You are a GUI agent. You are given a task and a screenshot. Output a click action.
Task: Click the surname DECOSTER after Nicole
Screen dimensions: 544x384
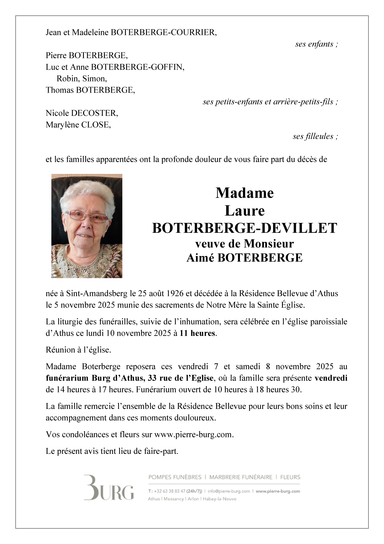point(94,113)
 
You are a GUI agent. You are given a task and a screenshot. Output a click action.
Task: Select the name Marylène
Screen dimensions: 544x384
point(62,125)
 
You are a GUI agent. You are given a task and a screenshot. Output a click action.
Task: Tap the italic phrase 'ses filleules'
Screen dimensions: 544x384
point(313,136)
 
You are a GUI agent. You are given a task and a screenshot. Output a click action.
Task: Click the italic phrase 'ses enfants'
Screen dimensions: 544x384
point(314,44)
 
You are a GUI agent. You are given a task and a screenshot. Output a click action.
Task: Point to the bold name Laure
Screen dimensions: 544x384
point(244,211)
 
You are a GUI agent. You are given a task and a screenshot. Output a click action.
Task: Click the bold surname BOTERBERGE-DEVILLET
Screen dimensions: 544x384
point(244,228)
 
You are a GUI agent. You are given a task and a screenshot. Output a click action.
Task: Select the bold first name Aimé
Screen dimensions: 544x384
point(200,258)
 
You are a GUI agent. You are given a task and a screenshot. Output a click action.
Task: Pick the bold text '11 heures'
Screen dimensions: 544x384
point(197,333)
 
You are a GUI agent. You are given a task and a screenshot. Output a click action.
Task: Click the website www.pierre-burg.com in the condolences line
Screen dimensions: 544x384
point(193,435)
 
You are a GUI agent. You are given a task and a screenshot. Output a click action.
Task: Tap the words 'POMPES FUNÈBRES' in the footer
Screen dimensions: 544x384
point(175,477)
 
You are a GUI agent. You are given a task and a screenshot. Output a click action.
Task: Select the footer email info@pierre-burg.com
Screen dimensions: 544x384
point(229,491)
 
